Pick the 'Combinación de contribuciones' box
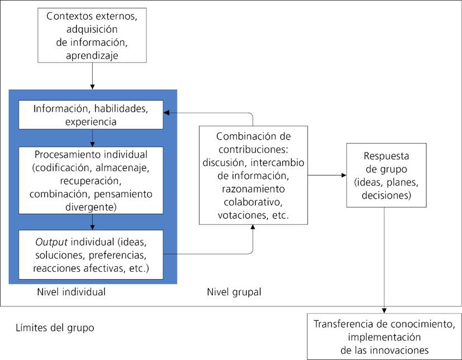(x=253, y=175)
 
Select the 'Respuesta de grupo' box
(x=386, y=175)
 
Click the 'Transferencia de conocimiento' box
(x=384, y=337)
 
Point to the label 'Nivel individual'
(x=71, y=292)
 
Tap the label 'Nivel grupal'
(x=234, y=292)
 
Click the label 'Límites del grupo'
(x=54, y=328)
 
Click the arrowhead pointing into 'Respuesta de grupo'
(x=343, y=175)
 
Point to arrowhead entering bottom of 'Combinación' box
(x=253, y=228)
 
